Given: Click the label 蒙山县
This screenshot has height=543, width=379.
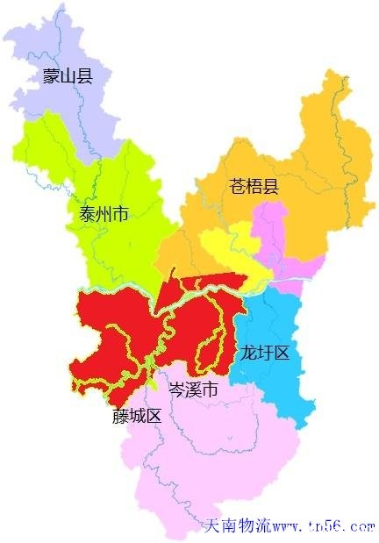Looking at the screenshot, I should (67, 76).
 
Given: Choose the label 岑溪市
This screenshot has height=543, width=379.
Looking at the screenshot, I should (192, 389).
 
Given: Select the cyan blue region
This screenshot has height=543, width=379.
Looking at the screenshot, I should (281, 325).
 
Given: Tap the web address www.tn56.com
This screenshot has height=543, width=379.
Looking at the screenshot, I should (324, 526).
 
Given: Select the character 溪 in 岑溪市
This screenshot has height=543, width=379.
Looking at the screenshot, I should (192, 389).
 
